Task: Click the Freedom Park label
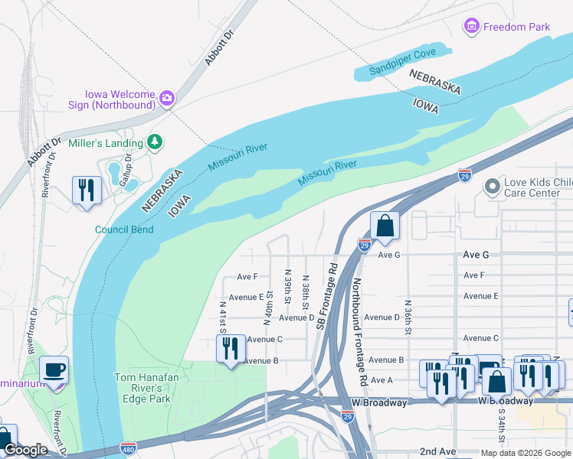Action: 516,27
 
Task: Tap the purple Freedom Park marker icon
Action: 472,27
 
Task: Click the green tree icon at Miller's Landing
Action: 155,142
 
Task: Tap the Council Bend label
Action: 124,229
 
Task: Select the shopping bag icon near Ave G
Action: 384,226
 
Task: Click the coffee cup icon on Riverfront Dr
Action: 54,370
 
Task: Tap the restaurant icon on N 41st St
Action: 230,348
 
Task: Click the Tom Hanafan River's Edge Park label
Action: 142,387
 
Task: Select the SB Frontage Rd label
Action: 326,298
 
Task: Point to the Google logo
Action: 25,450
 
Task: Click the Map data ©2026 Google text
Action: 525,453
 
